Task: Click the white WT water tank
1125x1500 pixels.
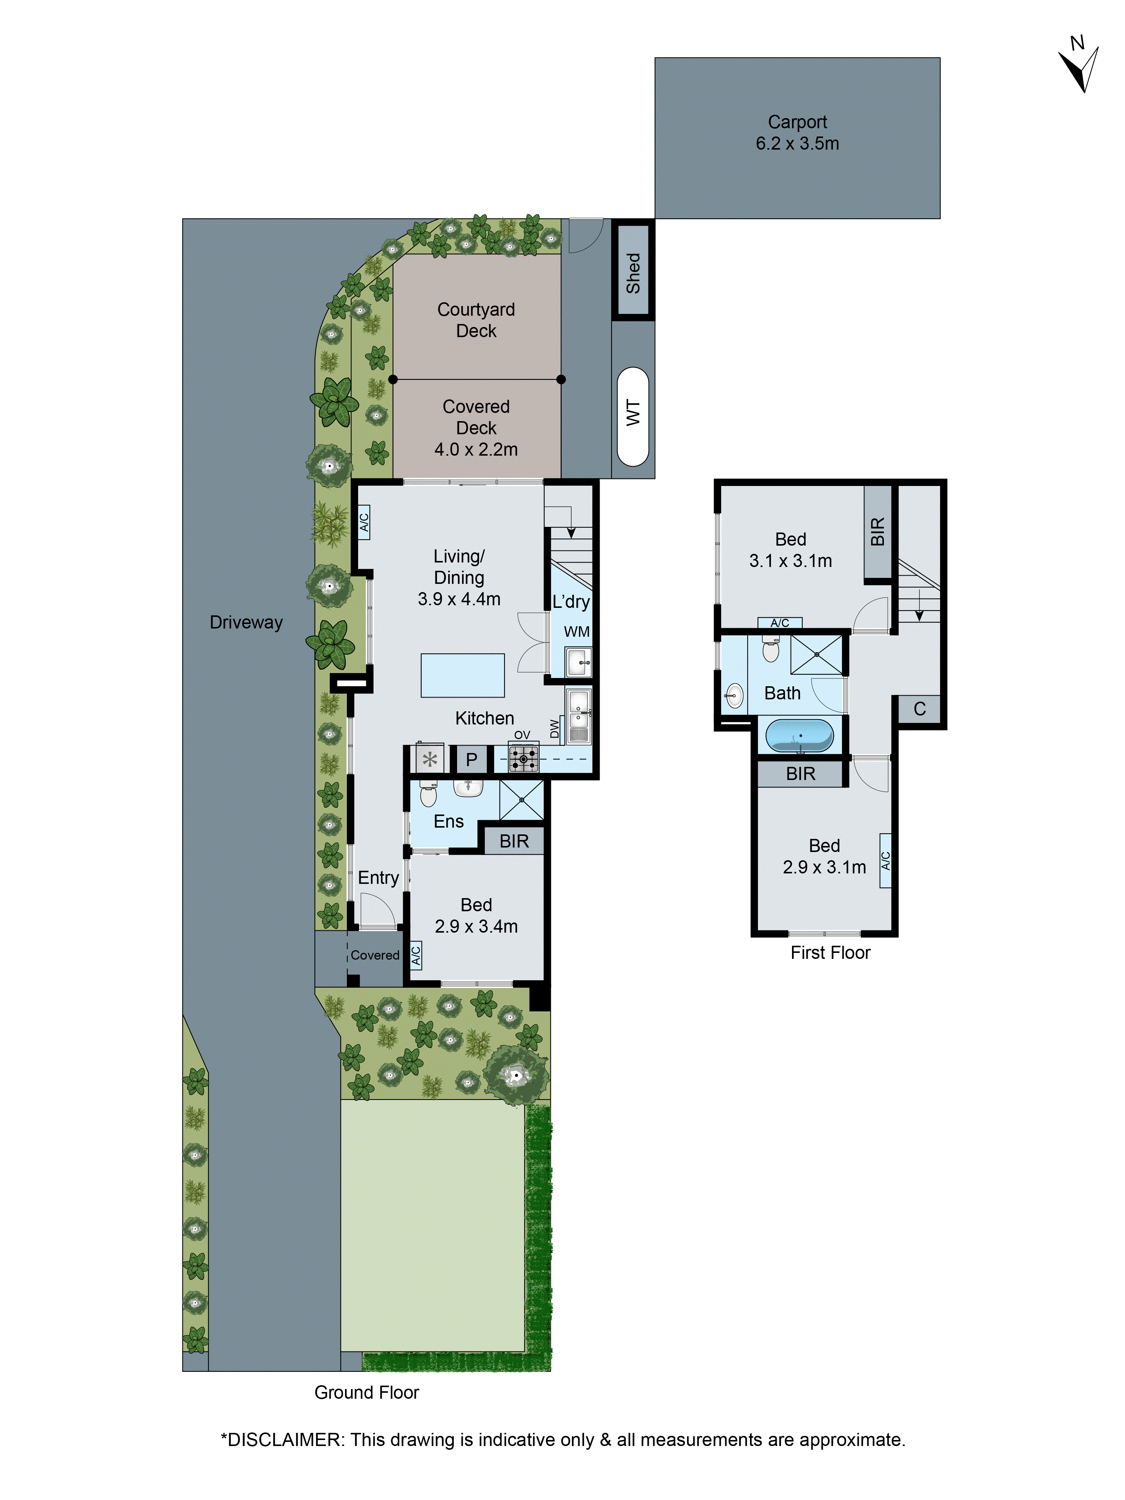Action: pos(633,416)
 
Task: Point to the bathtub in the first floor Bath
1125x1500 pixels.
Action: pos(799,736)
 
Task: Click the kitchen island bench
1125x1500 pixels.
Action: pos(462,675)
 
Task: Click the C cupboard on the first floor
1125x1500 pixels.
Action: pos(919,709)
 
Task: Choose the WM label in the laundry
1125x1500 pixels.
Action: pos(576,632)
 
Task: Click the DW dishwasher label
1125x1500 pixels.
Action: pos(555,729)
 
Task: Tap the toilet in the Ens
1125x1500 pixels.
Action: pos(428,793)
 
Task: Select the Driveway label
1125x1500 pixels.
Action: pos(246,622)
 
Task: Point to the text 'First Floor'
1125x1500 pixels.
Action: pos(830,953)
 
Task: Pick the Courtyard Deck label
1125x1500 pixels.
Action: pos(476,320)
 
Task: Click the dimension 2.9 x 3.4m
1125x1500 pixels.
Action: pos(476,926)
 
